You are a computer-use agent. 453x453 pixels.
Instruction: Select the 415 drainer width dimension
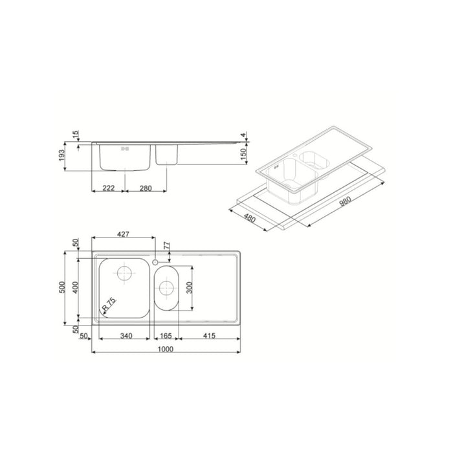(209, 336)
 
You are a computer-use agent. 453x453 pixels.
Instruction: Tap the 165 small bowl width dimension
(166, 336)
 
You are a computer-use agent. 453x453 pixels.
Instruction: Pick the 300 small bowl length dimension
(189, 289)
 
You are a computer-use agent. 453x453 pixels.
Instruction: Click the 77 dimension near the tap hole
(167, 246)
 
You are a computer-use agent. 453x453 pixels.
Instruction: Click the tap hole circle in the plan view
(157, 261)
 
